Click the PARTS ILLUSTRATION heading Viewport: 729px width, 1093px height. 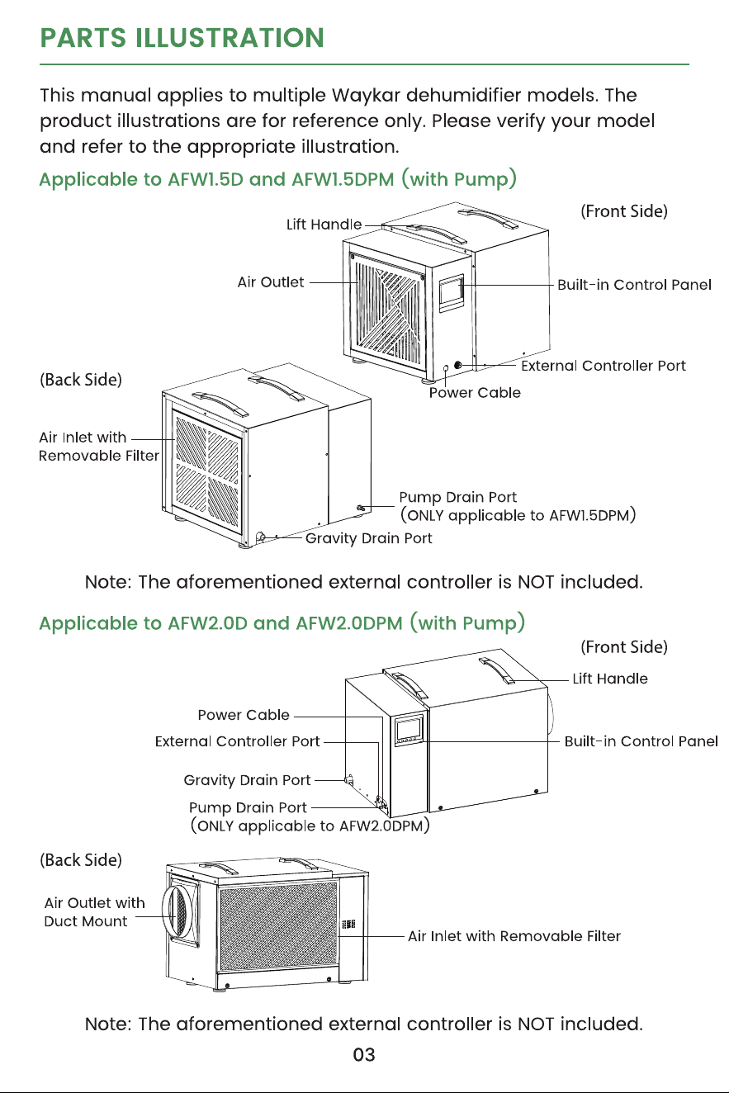pos(182,38)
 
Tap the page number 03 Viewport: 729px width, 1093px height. pos(364,1054)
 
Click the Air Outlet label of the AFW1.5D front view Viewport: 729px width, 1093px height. pos(270,282)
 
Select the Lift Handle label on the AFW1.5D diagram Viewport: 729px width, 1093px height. pos(324,225)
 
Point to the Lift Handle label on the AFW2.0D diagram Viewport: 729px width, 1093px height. pos(610,679)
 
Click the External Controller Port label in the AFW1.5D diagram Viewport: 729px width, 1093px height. pos(604,366)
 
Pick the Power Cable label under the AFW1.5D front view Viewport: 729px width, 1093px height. pos(475,392)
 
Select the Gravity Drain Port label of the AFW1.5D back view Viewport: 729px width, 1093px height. pos(368,538)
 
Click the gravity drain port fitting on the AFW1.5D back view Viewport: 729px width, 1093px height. pos(261,537)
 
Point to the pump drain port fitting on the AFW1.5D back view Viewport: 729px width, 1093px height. pos(361,508)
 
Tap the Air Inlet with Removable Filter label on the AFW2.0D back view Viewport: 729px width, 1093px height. pos(514,936)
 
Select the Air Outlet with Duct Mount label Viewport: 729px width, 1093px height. pos(95,912)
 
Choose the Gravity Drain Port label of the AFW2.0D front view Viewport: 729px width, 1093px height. pos(247,780)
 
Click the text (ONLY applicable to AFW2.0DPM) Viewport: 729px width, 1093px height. pos(310,826)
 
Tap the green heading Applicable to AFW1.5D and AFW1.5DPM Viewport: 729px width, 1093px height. pos(277,179)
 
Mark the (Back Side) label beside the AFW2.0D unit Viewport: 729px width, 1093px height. pos(81,859)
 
